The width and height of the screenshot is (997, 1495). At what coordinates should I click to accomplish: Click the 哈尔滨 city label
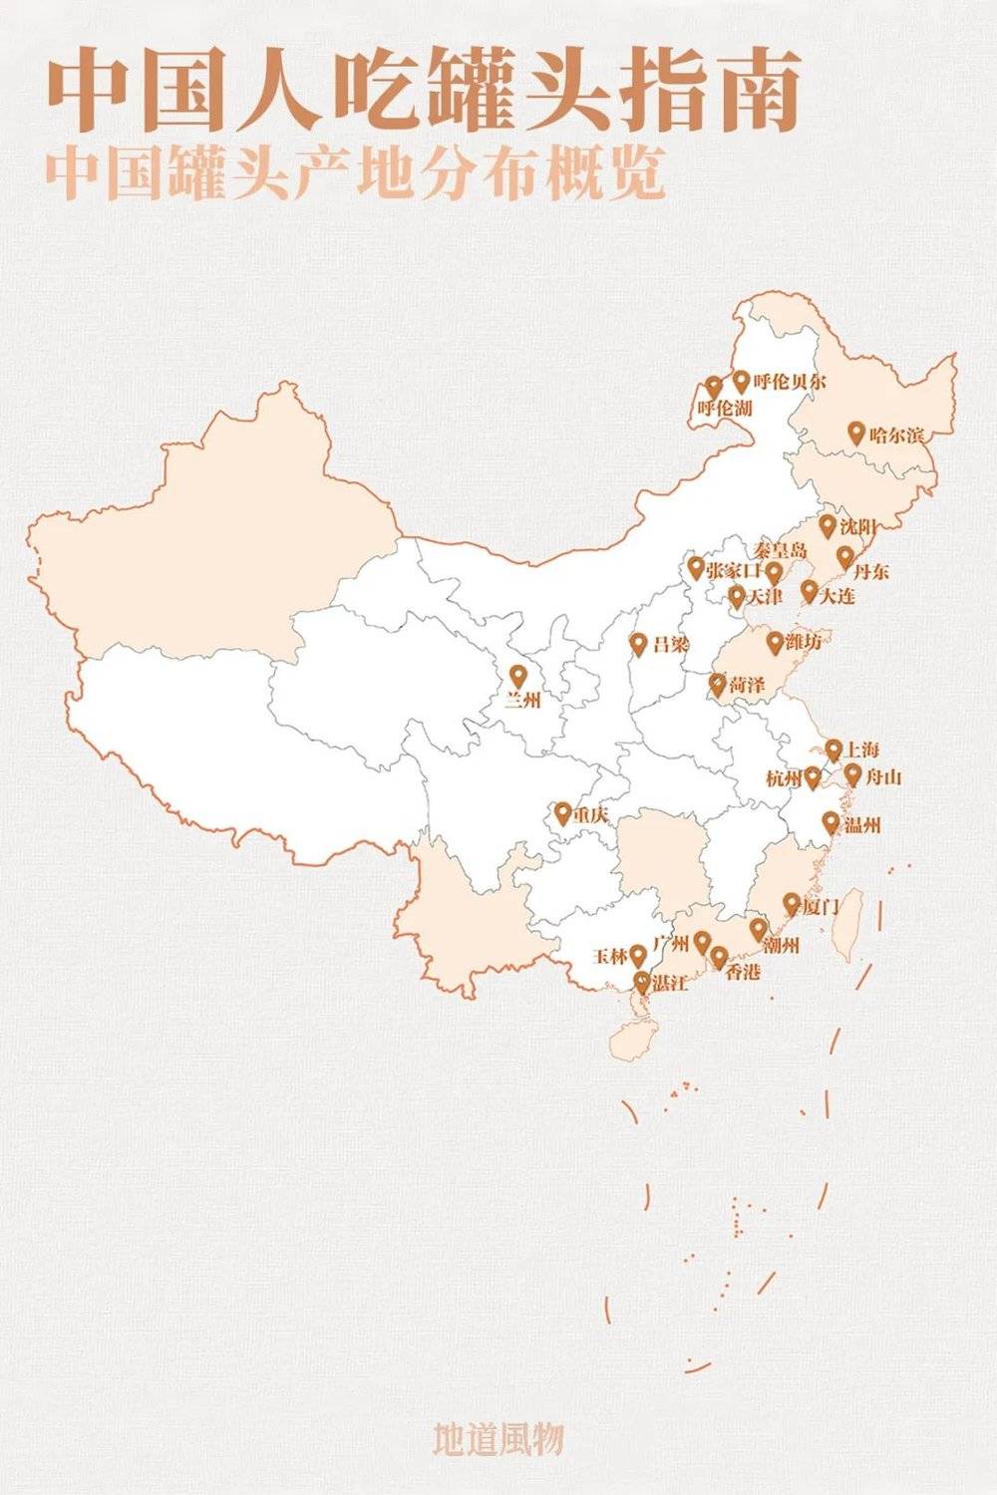point(896,435)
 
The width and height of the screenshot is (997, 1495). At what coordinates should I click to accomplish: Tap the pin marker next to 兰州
point(516,676)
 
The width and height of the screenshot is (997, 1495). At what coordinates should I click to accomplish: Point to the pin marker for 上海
point(833,749)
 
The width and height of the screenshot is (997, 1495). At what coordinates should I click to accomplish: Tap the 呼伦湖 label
point(725,409)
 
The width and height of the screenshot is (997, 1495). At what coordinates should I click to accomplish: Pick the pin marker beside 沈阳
point(828,525)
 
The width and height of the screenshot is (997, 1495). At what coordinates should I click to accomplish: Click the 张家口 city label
point(733,571)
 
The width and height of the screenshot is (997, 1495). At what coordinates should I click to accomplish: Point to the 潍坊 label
point(804,642)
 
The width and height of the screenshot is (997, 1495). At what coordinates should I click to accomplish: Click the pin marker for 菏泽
point(717,684)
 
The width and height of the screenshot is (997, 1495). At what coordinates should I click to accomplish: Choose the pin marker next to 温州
point(831,822)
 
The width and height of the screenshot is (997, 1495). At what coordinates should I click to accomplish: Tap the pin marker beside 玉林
point(638,955)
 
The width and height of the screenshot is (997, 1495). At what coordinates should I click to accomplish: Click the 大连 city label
point(837,596)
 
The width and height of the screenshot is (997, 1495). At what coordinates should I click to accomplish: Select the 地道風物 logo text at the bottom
point(498,1438)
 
